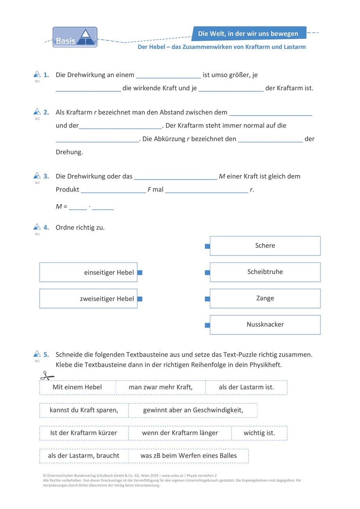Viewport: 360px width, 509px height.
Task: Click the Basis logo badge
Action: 75,37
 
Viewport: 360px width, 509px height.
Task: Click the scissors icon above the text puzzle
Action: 47,376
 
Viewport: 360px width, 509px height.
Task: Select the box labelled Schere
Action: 265,246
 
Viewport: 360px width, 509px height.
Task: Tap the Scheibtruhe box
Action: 265,272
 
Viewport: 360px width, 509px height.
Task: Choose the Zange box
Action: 265,298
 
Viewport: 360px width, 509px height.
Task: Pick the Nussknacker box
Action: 265,325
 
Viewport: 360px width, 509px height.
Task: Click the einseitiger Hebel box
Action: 88,272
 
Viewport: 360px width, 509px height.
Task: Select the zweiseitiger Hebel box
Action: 88,299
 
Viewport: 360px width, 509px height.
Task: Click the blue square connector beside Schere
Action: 208,246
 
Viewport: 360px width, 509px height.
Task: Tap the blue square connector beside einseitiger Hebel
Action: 140,272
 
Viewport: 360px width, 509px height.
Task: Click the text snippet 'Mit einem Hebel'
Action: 77,387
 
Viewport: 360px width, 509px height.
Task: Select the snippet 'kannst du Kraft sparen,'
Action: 84,410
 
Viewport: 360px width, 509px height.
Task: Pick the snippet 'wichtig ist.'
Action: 259,433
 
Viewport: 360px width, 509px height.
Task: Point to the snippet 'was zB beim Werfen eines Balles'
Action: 188,456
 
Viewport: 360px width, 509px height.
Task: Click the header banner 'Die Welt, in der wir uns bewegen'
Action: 248,34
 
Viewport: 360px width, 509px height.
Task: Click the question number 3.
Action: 47,176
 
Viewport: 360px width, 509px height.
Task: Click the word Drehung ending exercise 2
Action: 69,152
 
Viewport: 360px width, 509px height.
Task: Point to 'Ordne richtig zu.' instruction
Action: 80,228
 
